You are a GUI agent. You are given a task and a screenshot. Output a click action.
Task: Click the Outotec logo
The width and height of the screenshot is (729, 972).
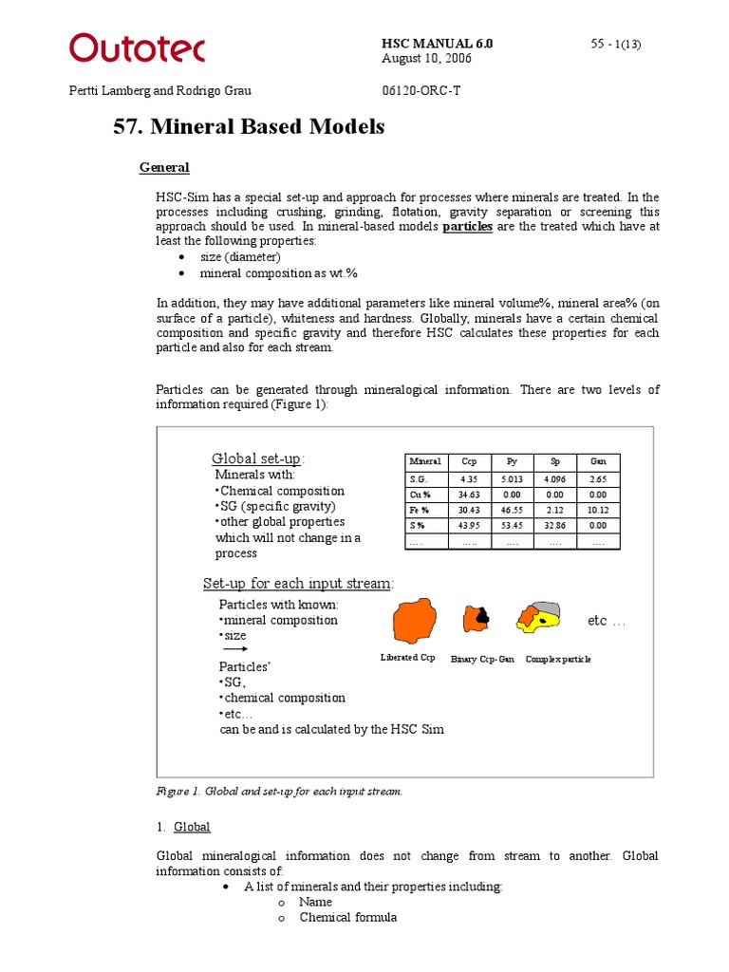coord(137,47)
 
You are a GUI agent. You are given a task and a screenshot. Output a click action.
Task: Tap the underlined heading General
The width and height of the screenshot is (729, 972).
coord(164,168)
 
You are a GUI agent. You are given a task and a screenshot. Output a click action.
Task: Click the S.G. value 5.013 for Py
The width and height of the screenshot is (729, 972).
coord(512,480)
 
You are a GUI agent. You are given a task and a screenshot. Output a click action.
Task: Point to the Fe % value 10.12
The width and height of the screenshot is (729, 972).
coord(598,510)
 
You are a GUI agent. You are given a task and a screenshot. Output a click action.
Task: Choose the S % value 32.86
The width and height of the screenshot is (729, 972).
coord(554,525)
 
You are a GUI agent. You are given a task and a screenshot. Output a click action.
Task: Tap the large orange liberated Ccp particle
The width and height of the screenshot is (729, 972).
coord(415,622)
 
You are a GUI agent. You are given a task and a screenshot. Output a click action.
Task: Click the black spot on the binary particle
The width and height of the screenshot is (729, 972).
coord(482,616)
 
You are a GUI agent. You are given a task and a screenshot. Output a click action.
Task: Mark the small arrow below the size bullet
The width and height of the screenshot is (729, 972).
coord(234,650)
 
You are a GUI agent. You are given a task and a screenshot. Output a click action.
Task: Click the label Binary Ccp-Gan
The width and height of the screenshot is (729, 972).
coord(482,659)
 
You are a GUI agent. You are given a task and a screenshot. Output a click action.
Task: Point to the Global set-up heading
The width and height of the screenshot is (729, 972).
coord(258,458)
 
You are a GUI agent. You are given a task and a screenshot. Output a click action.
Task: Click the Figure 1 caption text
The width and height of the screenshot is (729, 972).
coord(279,792)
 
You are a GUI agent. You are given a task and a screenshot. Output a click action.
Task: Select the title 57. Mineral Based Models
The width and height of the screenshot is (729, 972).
coord(250,126)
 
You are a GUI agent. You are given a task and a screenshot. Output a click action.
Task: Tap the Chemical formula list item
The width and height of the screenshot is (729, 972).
coord(347,918)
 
